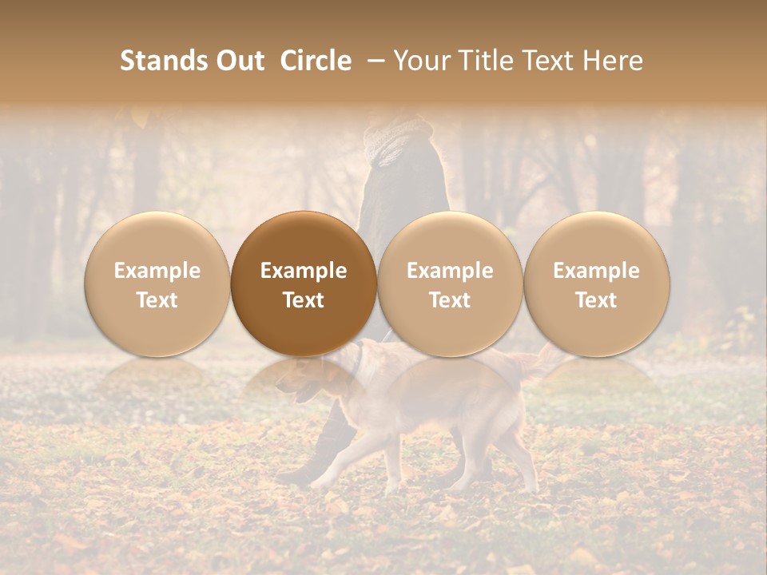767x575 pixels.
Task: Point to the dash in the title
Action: pos(373,61)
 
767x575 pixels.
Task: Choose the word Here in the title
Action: pos(612,61)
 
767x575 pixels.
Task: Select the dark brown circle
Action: pos(304,284)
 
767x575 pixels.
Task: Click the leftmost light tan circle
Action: pos(157,284)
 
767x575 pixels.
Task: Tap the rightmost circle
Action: pos(596,284)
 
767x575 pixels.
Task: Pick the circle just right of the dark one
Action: pos(450,284)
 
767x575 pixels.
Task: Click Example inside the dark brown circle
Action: pos(304,271)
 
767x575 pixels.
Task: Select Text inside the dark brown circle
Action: pos(304,300)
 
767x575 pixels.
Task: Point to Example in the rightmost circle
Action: pos(596,271)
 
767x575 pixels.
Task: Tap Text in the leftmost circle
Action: pos(157,300)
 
